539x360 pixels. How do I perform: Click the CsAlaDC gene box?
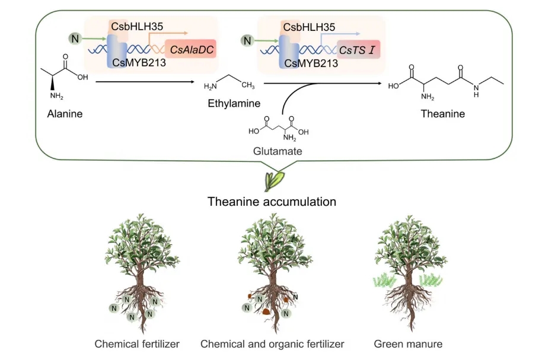click(190, 49)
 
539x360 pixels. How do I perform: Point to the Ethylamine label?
click(234, 103)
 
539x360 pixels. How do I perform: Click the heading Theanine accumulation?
click(272, 202)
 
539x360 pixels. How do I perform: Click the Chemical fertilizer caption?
click(137, 343)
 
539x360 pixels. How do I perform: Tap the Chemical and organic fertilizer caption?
click(272, 343)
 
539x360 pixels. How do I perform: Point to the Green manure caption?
click(408, 343)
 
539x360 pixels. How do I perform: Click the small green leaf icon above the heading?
click(275, 179)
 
